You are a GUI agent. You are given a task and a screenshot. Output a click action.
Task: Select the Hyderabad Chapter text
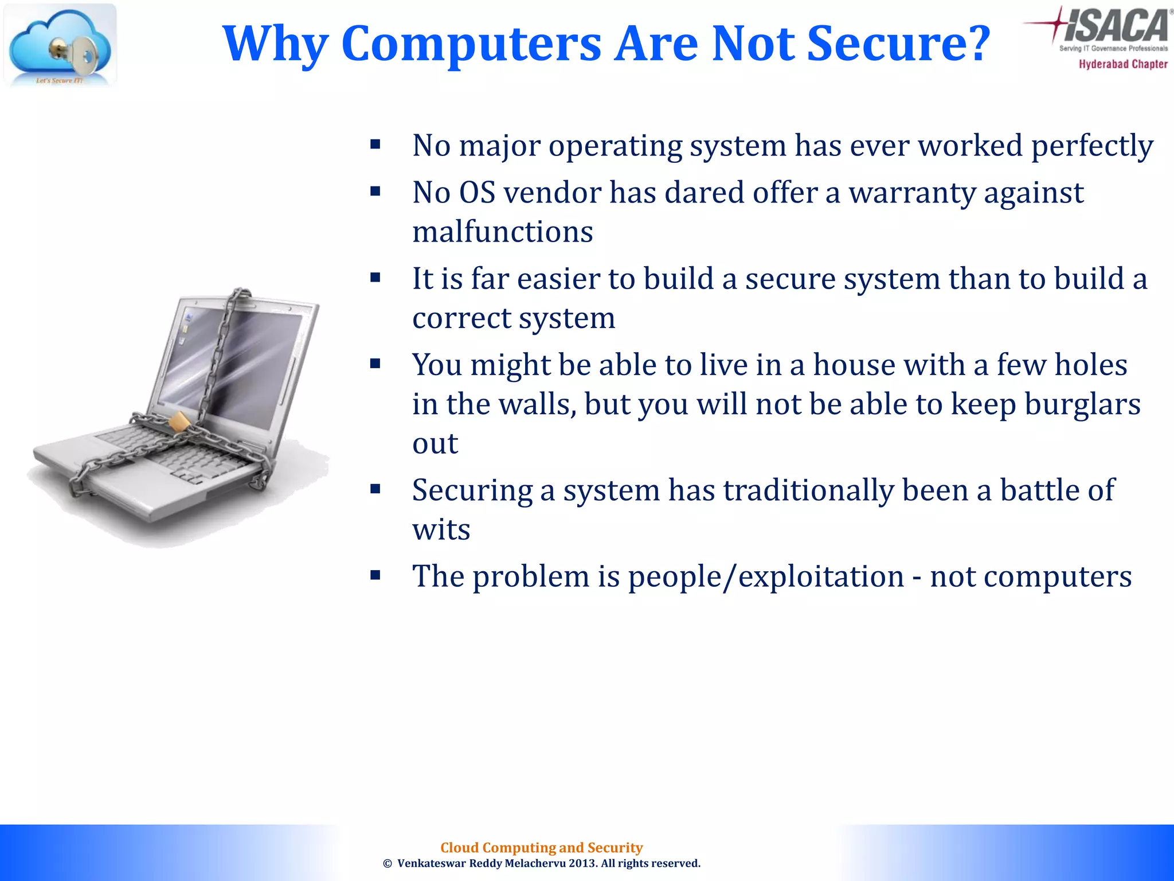[1123, 64]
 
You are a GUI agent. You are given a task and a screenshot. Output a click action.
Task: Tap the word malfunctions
[503, 232]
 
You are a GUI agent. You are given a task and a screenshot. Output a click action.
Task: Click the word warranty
[913, 193]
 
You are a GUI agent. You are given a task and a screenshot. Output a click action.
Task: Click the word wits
[441, 529]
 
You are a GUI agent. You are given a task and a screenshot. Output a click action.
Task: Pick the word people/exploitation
[766, 576]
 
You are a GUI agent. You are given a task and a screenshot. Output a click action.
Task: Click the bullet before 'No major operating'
[375, 145]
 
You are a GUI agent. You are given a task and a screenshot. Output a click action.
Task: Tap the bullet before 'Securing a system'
[375, 489]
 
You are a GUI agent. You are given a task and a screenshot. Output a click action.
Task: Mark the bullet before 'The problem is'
[375, 575]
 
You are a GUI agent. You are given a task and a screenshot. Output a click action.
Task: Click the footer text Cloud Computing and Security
[541, 848]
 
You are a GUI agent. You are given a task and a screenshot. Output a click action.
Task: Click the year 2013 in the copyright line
[583, 864]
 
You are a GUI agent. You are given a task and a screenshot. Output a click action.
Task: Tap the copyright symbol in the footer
[388, 864]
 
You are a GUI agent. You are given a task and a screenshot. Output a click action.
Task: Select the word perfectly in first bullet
[1092, 146]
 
